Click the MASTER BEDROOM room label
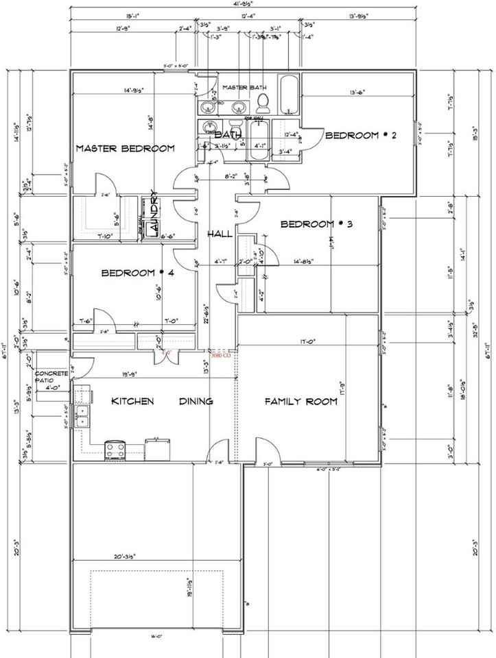pos(125,148)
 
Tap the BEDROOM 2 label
pos(362,136)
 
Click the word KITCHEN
pos(132,402)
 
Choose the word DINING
pos(196,402)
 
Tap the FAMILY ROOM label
pos(301,402)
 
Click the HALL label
pos(219,235)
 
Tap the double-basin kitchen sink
pos(83,415)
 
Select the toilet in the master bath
pos(263,103)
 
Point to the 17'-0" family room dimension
pos(307,341)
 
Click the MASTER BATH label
pos(244,87)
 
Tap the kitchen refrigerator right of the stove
pos(157,450)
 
